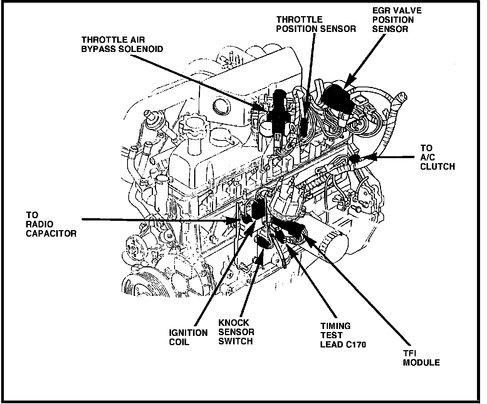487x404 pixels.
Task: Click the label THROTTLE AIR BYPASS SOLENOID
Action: [122, 44]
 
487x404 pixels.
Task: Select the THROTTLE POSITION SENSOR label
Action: [316, 24]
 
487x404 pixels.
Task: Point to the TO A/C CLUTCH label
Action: [437, 157]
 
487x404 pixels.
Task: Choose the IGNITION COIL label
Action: [188, 337]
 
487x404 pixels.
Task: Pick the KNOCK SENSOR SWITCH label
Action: [236, 332]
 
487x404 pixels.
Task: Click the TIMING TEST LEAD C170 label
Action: [343, 335]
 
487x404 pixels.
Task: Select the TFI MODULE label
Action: [421, 358]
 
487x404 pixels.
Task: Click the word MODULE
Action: [421, 363]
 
